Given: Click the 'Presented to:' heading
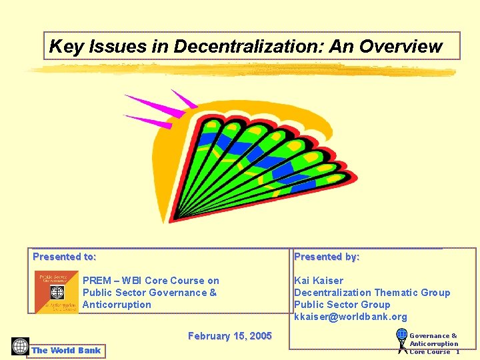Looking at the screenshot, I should click(65, 257).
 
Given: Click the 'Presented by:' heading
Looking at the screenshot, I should click(327, 257).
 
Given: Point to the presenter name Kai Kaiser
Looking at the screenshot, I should click(319, 281).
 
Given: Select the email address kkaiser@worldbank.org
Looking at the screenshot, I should click(350, 317).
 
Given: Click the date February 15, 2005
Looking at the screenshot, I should click(230, 336).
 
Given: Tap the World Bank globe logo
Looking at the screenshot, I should click(20, 347).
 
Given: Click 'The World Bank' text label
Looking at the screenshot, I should click(66, 350).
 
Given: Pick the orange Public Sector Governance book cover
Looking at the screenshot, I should click(57, 292).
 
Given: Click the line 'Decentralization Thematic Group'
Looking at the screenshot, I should click(372, 293).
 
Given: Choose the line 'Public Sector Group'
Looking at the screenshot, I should click(342, 305).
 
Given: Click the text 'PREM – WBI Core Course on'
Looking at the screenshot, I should click(151, 281).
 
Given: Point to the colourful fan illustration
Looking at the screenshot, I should click(267, 160).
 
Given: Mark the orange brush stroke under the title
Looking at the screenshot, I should click(240, 70).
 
